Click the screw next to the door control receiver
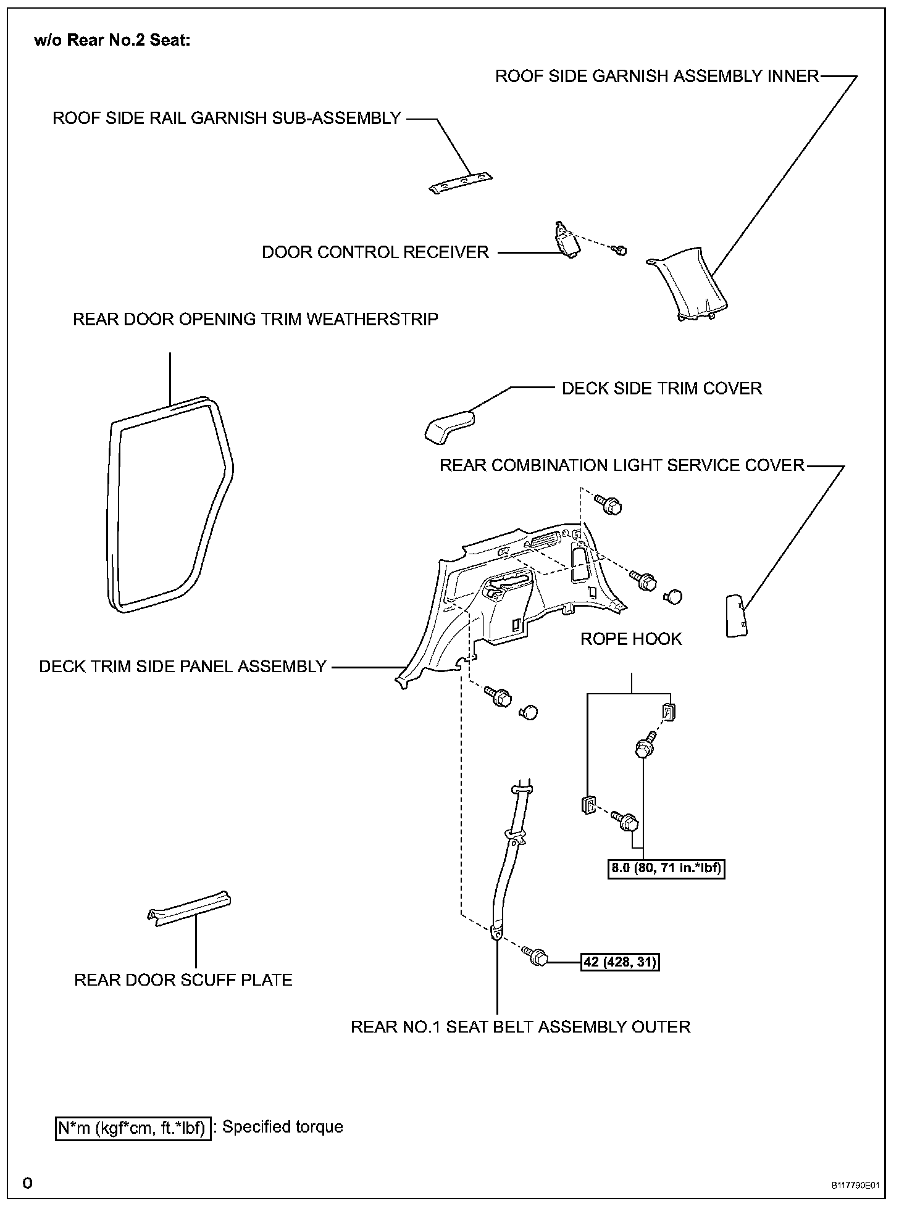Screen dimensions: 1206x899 [619, 250]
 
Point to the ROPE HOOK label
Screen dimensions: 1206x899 [631, 639]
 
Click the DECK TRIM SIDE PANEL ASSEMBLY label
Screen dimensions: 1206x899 [183, 667]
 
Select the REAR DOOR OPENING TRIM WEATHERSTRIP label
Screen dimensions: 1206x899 [256, 319]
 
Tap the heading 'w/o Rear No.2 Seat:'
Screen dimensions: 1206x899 [112, 41]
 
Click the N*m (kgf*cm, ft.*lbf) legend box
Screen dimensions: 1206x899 [133, 1128]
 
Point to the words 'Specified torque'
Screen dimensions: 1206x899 [282, 1127]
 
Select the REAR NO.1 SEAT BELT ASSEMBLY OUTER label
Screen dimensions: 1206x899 [521, 1027]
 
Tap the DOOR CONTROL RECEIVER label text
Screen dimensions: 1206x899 [375, 252]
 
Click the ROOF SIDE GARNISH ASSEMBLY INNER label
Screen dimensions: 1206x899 [657, 76]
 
